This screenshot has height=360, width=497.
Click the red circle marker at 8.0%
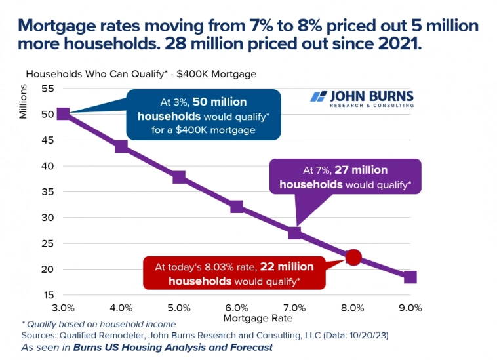point(353,257)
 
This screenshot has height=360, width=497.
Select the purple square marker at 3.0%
point(63,114)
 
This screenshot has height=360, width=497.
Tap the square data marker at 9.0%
point(410,277)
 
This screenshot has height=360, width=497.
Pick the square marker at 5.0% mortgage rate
point(178,177)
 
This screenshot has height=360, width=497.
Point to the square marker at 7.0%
point(294,233)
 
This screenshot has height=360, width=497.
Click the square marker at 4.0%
point(121,146)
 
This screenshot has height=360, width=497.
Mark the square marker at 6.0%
point(237,207)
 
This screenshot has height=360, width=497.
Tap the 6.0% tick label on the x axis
point(237,308)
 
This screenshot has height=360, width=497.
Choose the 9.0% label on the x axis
point(410,308)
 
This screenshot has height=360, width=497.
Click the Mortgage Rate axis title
point(257,318)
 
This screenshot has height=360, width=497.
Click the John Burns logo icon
point(319,98)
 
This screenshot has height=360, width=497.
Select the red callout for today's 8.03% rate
point(235,273)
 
